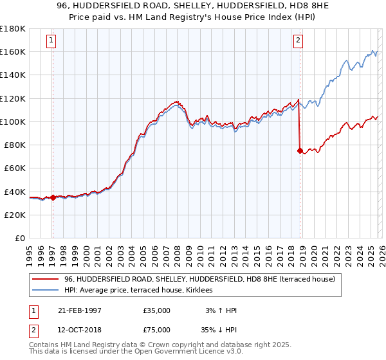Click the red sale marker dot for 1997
(x=53, y=197)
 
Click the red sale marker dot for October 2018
(x=300, y=151)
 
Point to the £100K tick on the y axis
(x=13, y=122)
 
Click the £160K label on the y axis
(x=13, y=51)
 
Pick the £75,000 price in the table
(x=157, y=331)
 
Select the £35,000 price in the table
(x=157, y=310)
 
